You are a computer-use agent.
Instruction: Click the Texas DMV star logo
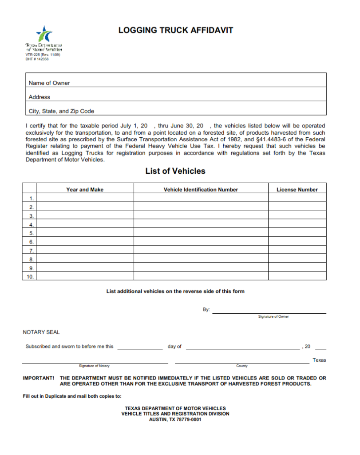tap(44, 34)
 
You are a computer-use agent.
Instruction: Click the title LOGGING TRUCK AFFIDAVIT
tap(175, 30)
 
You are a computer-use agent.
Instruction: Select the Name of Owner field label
tap(49, 83)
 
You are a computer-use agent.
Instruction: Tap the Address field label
tap(39, 97)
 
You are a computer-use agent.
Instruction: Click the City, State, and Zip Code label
tap(61, 112)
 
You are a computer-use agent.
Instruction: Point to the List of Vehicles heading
tap(175, 171)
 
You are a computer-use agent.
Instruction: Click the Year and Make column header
tap(85, 190)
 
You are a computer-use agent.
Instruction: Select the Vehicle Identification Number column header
tap(201, 190)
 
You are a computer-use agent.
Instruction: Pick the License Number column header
tap(297, 190)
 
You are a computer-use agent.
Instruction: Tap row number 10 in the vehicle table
tap(30, 277)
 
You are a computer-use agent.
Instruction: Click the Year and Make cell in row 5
tap(85, 233)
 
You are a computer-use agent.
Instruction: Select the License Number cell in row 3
tap(297, 216)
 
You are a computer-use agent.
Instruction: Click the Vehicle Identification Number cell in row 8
tap(201, 259)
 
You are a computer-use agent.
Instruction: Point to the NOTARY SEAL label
tap(41, 332)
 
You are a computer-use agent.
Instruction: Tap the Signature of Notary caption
tap(94, 366)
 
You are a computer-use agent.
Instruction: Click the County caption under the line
tap(242, 366)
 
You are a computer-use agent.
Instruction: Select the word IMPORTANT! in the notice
tap(39, 379)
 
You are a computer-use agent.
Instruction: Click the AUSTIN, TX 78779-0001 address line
tap(175, 419)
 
